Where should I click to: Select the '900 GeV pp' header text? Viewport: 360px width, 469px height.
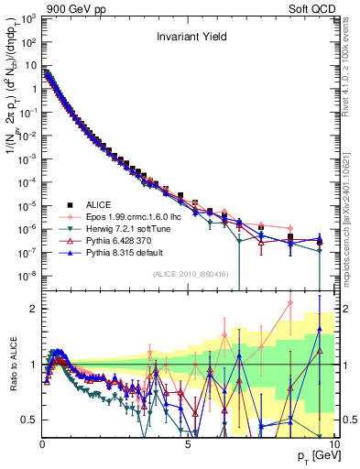[x=69, y=7]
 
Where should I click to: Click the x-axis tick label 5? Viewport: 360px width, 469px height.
[x=187, y=443]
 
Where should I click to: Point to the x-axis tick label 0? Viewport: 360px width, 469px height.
[x=42, y=443]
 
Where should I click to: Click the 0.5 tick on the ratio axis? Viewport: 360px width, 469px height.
[x=29, y=420]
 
